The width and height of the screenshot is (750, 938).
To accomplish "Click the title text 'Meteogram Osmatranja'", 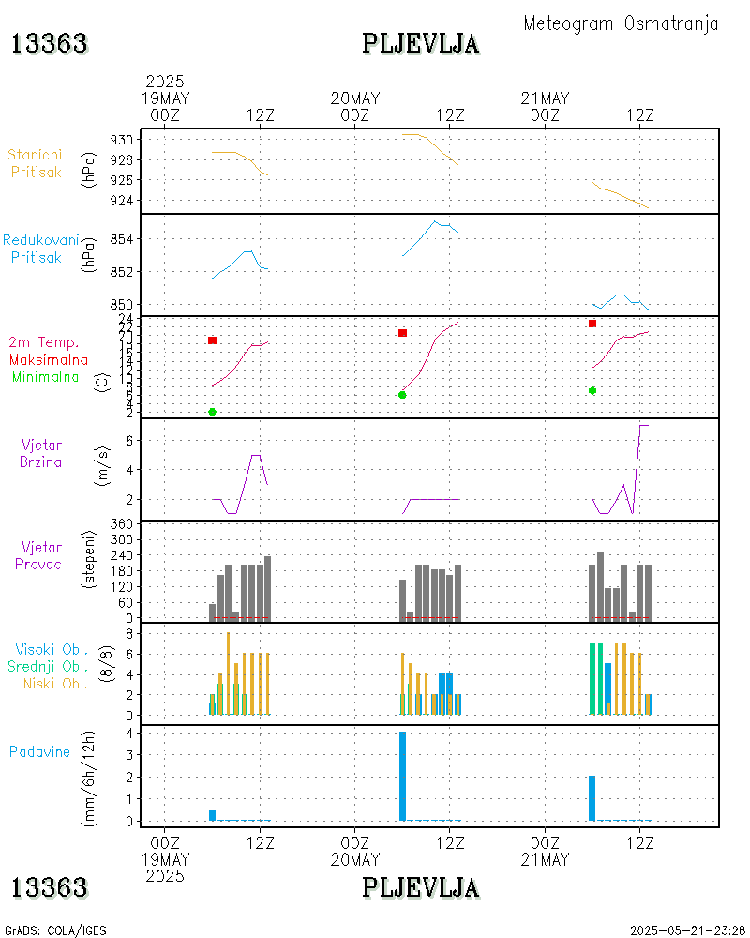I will coord(621,23).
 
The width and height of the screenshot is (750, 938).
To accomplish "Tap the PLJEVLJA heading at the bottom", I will coord(420,887).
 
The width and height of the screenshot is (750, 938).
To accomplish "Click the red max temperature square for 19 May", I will coord(213,340).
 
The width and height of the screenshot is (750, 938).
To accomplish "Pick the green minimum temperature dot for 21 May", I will coord(592,390).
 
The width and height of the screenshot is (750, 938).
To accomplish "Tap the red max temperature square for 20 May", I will coord(402,333).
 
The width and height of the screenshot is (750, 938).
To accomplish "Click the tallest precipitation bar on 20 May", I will coord(402,776).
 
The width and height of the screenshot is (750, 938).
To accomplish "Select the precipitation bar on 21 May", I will coord(592,798).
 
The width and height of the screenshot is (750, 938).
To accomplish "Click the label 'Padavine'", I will coord(39,751).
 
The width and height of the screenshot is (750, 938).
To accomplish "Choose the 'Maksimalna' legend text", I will coord(49,359).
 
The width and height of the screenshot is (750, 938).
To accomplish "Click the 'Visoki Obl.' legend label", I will coord(52,649).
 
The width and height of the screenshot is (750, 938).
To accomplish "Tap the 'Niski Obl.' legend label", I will coord(55,683).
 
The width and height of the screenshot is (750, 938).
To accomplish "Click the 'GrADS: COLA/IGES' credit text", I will coord(55,930).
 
